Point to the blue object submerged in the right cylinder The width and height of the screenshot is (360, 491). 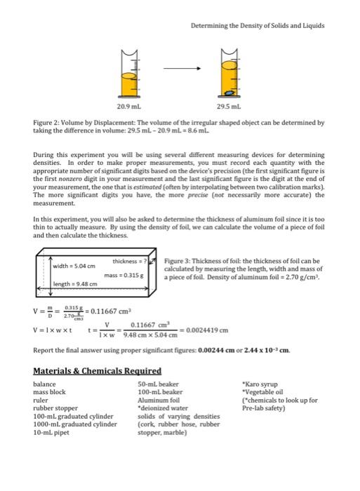(x=229, y=91)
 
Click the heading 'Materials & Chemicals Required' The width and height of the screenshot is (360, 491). (x=98, y=370)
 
